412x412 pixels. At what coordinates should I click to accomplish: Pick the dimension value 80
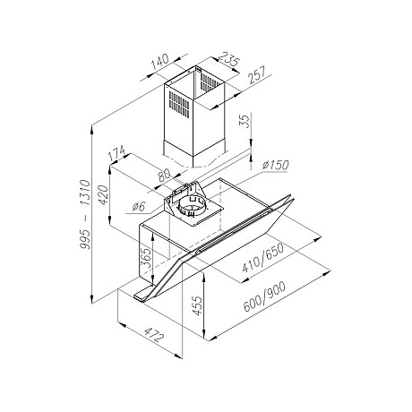tap(165, 176)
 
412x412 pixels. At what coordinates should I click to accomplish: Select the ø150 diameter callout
tap(275, 167)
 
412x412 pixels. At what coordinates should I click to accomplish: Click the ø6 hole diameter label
tap(137, 208)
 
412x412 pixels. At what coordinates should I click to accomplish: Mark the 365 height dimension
tap(144, 260)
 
